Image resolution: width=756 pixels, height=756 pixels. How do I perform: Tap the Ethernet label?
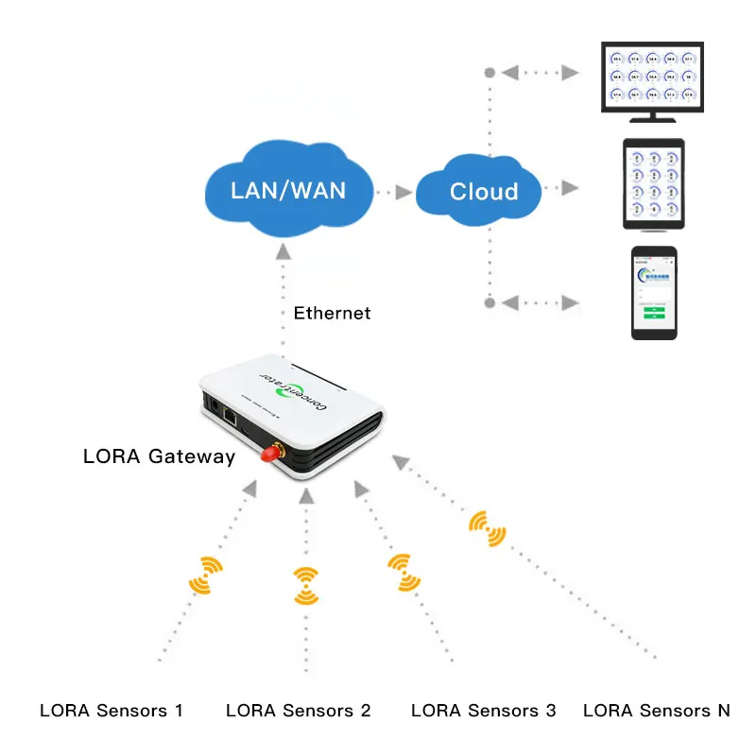click(332, 313)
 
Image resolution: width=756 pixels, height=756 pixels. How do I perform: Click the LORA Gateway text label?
click(159, 456)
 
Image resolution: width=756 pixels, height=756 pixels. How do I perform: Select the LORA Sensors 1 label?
click(111, 711)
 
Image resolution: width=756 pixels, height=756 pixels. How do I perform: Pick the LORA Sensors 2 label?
click(298, 711)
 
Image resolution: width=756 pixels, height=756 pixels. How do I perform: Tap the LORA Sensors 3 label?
click(484, 711)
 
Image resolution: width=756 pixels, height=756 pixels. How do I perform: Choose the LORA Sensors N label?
click(657, 711)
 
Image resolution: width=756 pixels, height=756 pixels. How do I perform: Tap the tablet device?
click(652, 184)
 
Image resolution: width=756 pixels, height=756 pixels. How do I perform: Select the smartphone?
click(655, 292)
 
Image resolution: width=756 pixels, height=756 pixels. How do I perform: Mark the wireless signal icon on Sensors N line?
click(487, 529)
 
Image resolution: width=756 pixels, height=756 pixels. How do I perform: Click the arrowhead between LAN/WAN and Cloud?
click(404, 192)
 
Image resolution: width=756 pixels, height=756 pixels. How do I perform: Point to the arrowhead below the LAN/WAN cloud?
click(283, 252)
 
